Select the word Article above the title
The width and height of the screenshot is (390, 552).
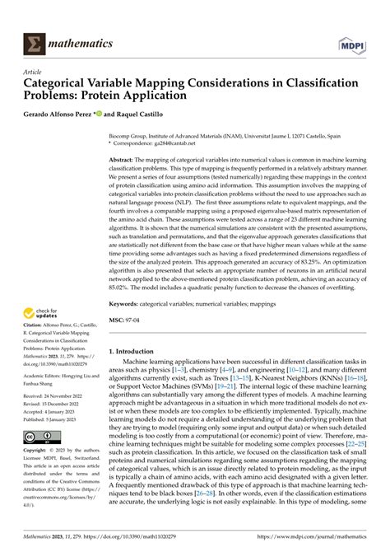(x=34, y=73)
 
